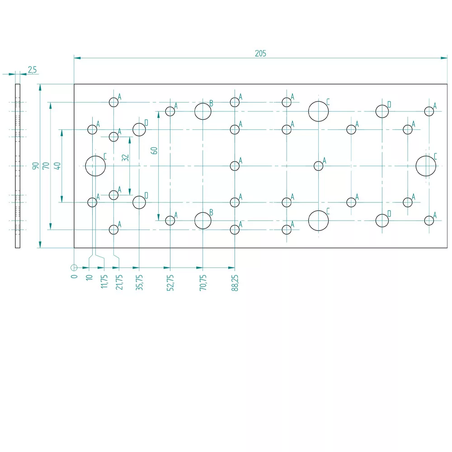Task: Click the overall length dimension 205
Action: [260, 53]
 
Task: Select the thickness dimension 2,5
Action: [32, 70]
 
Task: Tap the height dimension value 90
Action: [35, 166]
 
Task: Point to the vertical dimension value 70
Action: [46, 166]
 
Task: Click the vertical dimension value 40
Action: [57, 166]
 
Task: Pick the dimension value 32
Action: [125, 158]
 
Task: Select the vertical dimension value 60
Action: [154, 151]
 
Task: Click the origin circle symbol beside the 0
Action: [74, 268]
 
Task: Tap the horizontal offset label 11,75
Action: [104, 281]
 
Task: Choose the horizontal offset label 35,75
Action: [139, 282]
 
